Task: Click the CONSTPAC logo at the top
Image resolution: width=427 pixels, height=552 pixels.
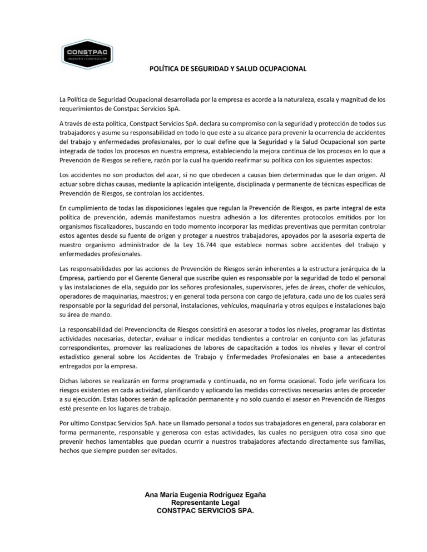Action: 88,54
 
